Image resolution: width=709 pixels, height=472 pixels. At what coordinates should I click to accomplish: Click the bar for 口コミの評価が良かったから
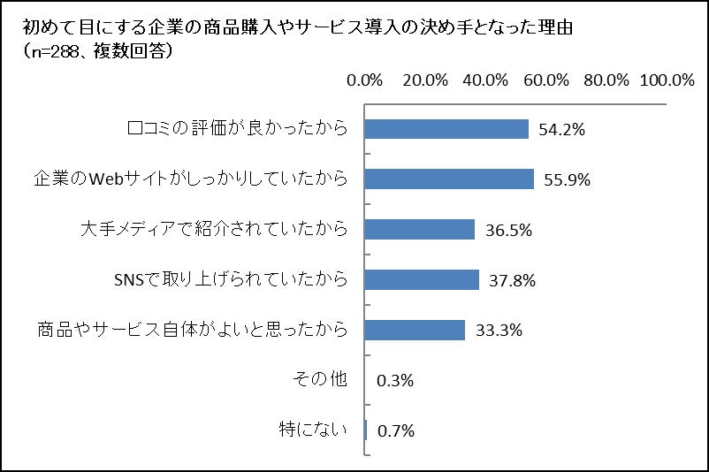[446, 129]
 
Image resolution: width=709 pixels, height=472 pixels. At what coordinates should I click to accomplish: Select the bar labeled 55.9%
[449, 179]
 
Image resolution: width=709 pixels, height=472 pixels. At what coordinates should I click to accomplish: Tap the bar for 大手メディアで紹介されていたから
[420, 230]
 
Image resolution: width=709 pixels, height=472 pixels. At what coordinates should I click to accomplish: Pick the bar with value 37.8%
[422, 280]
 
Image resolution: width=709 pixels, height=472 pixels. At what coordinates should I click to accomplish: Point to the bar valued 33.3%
[415, 331]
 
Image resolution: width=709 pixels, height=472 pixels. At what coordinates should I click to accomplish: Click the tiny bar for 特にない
[366, 431]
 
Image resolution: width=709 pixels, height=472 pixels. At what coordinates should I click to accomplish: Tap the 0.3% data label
[395, 382]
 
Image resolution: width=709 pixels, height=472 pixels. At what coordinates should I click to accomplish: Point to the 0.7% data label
[396, 432]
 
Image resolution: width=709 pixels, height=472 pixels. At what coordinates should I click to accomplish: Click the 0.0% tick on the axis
[365, 80]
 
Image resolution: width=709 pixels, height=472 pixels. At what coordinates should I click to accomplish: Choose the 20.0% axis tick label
[425, 80]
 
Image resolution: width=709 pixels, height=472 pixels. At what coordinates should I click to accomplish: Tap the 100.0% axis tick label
[667, 80]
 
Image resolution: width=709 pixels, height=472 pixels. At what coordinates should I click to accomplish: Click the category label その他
[319, 381]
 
